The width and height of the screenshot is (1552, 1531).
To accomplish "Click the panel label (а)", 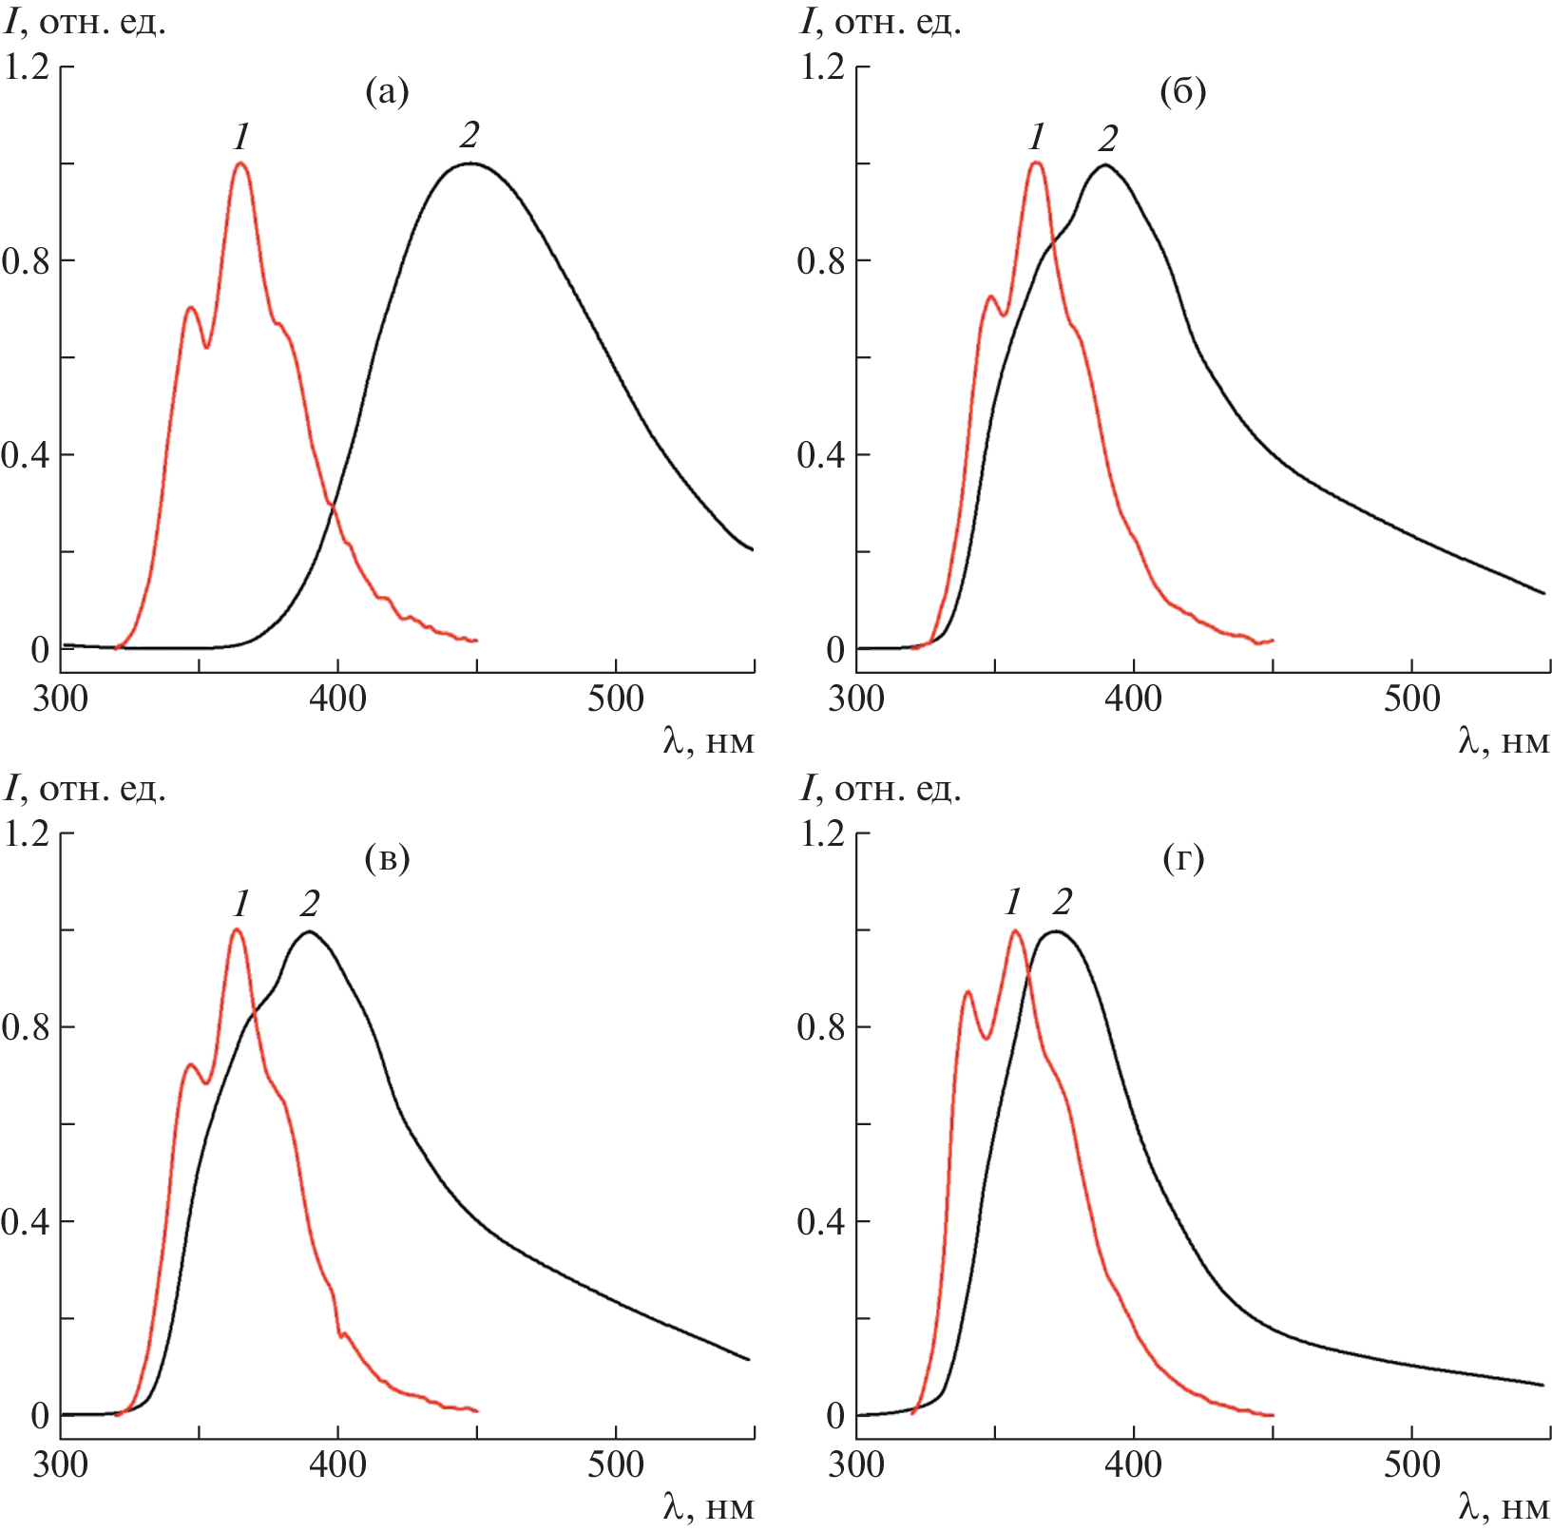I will coord(387,92).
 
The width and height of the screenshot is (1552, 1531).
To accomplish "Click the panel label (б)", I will coord(1182,92).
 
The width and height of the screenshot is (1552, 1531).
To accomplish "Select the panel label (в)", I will coord(387,858).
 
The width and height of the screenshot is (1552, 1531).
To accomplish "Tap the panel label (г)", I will coord(1182,858).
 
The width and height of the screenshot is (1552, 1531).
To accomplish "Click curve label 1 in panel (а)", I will coord(241,138).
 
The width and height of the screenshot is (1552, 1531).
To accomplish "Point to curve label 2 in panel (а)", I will coord(469,136).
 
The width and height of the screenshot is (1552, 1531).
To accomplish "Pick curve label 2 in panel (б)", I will coord(1107,139).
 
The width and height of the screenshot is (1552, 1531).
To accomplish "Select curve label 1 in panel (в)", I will coord(241,903).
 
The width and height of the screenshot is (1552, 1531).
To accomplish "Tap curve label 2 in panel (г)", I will coord(1062,902).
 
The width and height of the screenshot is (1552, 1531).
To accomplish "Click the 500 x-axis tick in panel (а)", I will coord(615,699).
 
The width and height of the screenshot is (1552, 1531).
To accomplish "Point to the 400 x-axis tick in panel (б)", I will coord(1133,699).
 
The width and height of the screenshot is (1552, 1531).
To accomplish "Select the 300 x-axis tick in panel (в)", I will coord(60,1464).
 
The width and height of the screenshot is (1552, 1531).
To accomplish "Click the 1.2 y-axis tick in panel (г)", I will coord(821,833).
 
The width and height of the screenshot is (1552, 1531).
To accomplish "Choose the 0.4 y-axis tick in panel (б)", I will coord(821,455).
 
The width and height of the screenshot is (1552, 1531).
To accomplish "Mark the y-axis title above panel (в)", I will coord(86,789).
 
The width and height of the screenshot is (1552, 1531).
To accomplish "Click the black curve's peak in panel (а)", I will coord(469,163).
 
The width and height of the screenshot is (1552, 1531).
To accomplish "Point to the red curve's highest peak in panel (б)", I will coord(1036,163).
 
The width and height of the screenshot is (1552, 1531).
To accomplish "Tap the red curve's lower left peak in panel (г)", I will coord(968,992).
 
